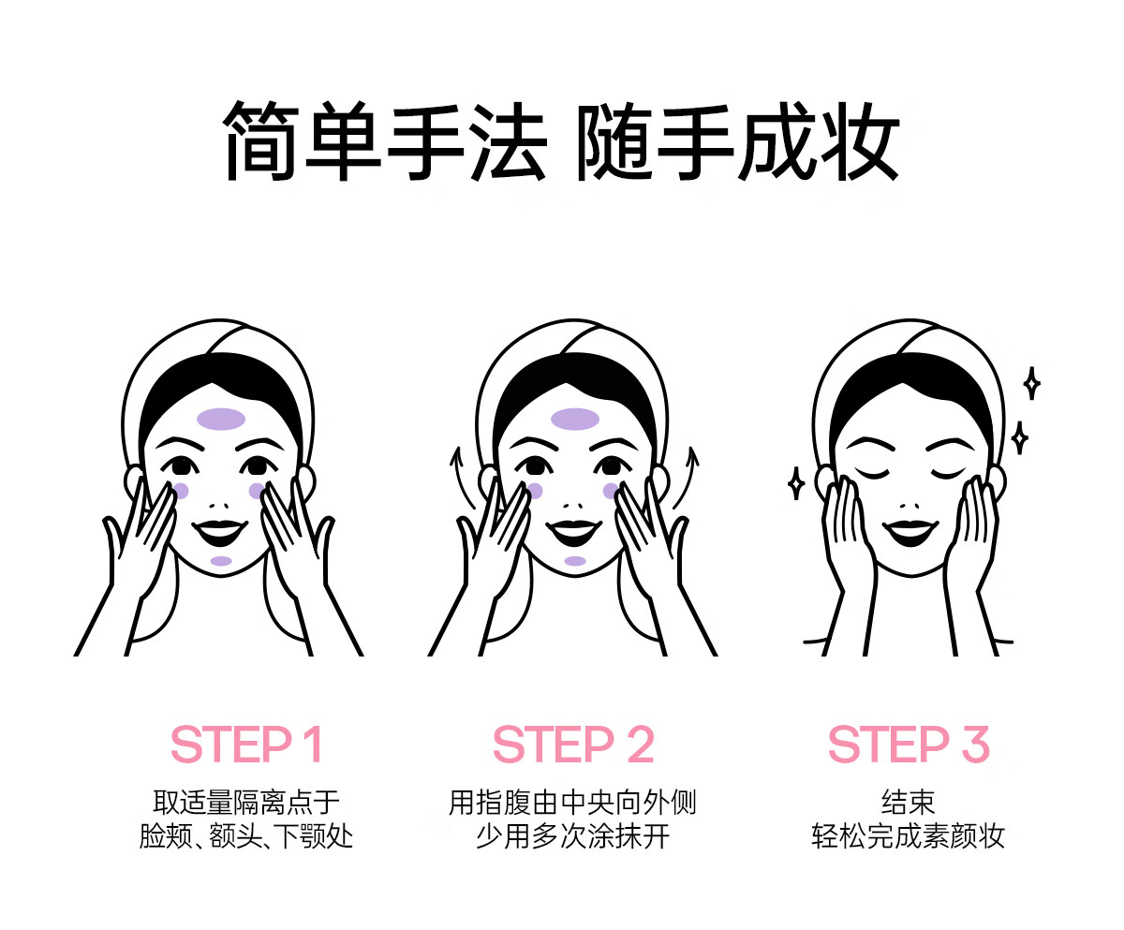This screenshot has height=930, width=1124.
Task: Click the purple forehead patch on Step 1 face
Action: [221, 419]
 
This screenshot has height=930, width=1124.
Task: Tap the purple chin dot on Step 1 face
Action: [221, 561]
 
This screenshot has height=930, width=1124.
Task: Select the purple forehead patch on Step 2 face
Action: [575, 419]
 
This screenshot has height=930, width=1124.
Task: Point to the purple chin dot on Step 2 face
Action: [575, 561]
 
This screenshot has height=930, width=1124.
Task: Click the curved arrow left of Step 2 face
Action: [461, 477]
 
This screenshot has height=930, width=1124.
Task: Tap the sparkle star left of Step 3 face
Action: [796, 482]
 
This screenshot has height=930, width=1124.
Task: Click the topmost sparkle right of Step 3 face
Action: [1031, 383]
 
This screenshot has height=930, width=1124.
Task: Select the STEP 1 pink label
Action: [246, 745]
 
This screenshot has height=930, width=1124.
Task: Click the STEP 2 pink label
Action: [573, 745]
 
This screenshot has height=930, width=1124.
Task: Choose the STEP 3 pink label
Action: [909, 745]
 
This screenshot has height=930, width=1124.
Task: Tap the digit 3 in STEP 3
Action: [975, 745]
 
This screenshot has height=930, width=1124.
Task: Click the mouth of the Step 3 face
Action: [910, 532]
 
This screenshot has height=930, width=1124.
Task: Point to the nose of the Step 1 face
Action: [218, 506]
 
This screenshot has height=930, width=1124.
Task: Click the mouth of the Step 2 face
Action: [573, 532]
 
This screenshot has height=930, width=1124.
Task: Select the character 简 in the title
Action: [260, 141]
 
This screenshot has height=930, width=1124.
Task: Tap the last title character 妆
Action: [859, 141]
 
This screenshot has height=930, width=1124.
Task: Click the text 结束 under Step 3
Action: [909, 803]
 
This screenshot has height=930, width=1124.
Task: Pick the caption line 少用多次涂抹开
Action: [572, 836]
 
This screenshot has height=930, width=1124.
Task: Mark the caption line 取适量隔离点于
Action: [246, 803]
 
